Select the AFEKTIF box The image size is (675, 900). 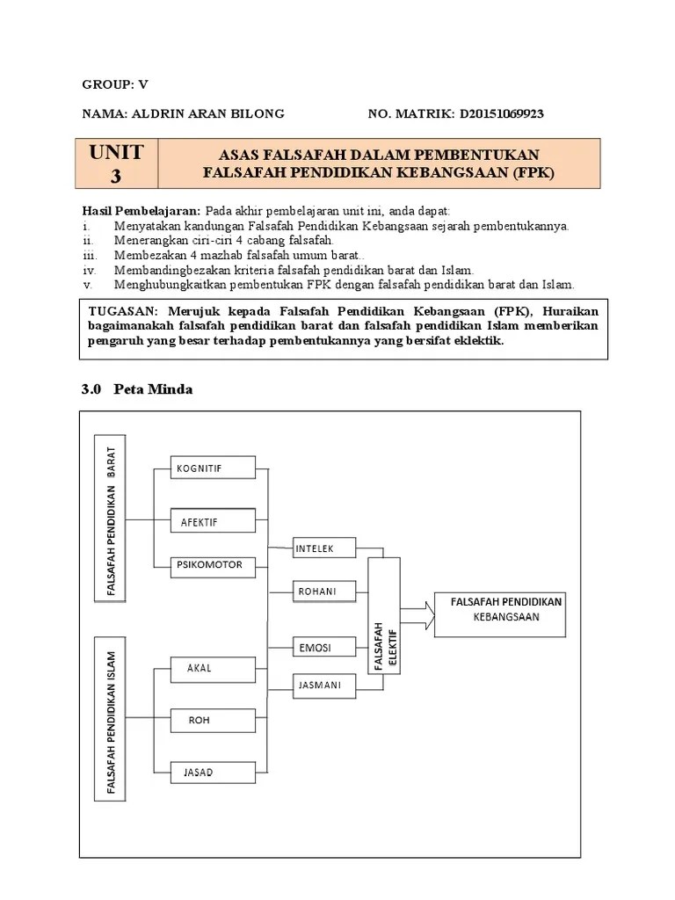213,521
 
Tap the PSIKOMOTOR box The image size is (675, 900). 213,565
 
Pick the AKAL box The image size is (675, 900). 213,668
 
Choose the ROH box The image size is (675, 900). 213,721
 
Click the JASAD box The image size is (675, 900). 213,773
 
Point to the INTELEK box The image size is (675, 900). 325,549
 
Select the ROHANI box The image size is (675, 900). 325,592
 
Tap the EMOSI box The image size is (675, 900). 325,648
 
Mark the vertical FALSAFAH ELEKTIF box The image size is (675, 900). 384,615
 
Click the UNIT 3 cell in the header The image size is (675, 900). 116,163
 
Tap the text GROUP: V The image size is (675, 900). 115,84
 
